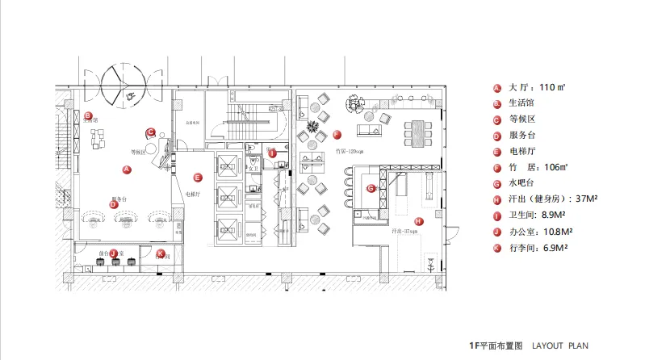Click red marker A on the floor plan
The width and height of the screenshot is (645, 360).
click(x=126, y=170)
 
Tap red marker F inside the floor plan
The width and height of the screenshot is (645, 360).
click(x=337, y=135)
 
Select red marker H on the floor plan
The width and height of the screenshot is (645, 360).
click(x=418, y=221)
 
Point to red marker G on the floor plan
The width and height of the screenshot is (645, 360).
click(x=371, y=188)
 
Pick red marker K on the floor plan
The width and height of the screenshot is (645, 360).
click(x=160, y=253)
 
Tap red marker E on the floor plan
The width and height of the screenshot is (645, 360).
click(x=198, y=177)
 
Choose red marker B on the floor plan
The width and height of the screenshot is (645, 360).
click(x=88, y=115)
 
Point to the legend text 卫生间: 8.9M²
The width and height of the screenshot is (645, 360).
click(x=538, y=215)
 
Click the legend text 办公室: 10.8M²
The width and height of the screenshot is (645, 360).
click(x=541, y=231)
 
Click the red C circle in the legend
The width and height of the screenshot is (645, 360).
click(x=496, y=119)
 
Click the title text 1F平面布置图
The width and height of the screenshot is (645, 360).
click(x=496, y=345)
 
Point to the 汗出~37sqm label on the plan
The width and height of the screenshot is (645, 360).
click(x=404, y=231)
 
